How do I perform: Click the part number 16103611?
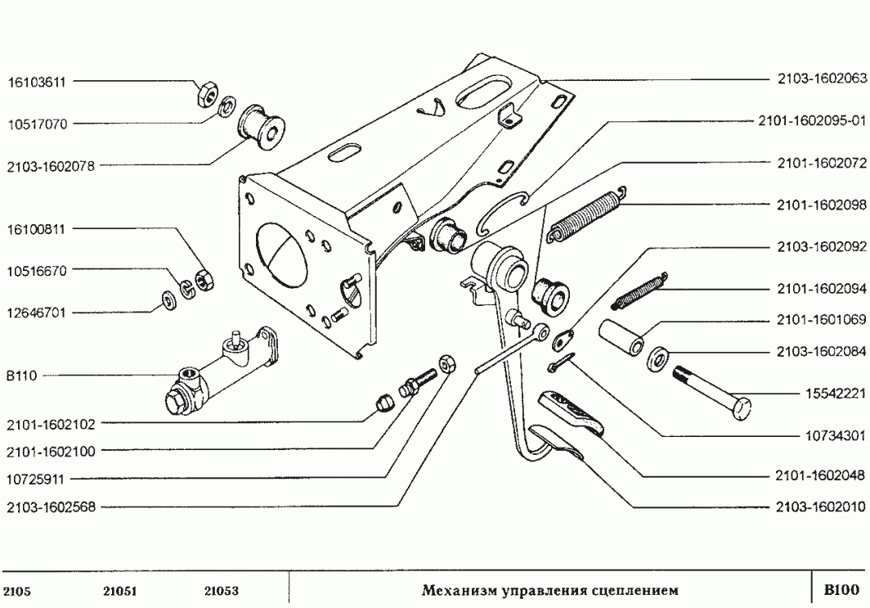click(38, 82)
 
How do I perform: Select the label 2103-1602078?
click(51, 165)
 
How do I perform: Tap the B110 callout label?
click(19, 376)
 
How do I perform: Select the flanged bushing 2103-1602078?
click(261, 128)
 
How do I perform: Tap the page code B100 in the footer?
click(841, 588)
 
